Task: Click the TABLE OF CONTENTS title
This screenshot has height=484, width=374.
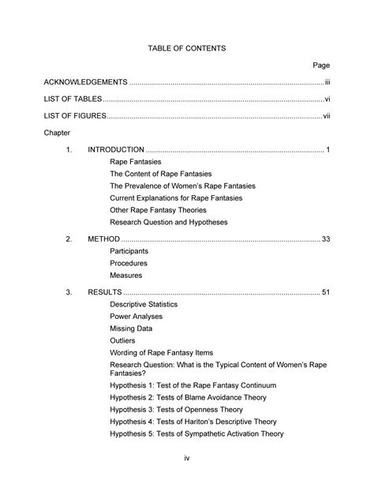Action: (187, 48)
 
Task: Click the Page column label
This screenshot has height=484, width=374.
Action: (321, 65)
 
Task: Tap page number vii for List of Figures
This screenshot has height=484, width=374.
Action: (326, 117)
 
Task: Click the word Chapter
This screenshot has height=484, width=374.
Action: (58, 134)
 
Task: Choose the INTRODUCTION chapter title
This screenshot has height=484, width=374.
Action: (116, 149)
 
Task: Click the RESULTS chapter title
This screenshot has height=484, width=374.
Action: (105, 291)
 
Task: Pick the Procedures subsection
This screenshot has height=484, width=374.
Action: (129, 263)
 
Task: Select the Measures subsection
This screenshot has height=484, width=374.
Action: (126, 276)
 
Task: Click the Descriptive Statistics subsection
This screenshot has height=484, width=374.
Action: (144, 304)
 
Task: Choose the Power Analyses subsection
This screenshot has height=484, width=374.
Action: (137, 317)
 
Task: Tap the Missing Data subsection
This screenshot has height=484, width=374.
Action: (132, 328)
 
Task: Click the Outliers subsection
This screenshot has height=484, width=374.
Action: (124, 340)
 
